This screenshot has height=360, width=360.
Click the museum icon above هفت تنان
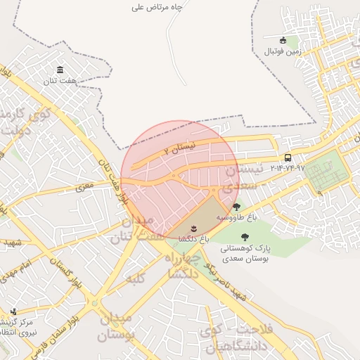[x=60, y=70]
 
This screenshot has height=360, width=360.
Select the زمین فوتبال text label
[x=283, y=52]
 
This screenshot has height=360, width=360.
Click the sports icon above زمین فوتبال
[x=283, y=41]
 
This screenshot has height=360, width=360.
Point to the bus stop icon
[x=288, y=157]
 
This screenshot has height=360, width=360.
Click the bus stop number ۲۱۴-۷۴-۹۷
[x=288, y=168]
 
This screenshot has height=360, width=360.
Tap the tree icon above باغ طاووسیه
[x=236, y=207]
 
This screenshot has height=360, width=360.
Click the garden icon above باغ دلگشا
[x=193, y=229]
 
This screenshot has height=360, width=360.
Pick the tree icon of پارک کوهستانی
[x=244, y=238]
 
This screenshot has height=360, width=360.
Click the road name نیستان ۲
[x=178, y=148]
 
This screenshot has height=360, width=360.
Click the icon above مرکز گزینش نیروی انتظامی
[x=13, y=311]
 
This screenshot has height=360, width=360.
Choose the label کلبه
[x=136, y=279]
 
